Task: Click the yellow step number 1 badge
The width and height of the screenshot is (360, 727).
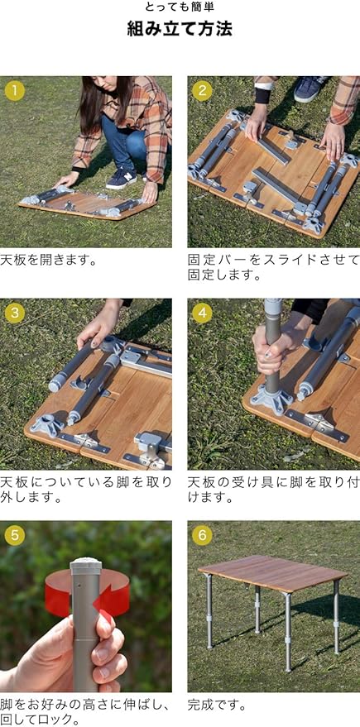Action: (15, 90)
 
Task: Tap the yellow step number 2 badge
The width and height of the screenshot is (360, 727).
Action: (202, 90)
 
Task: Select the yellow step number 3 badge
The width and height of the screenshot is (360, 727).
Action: (15, 313)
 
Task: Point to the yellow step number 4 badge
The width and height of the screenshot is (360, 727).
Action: (202, 313)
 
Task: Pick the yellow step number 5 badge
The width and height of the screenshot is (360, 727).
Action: (15, 535)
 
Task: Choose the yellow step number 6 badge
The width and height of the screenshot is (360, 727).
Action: (202, 535)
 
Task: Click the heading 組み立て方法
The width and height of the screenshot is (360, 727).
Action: (180, 30)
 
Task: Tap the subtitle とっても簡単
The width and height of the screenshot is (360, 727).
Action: (180, 7)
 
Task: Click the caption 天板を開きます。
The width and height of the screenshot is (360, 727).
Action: (48, 260)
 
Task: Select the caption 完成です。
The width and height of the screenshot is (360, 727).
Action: (217, 705)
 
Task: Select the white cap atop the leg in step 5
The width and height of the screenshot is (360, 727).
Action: (86, 563)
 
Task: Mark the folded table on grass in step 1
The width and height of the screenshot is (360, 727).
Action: (88, 204)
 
